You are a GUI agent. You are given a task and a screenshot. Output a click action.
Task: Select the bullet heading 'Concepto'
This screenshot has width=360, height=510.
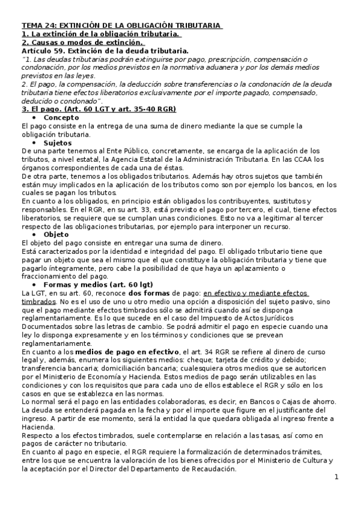click(x=62, y=118)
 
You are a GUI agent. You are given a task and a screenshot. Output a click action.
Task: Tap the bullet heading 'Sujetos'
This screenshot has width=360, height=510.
click(x=59, y=143)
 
